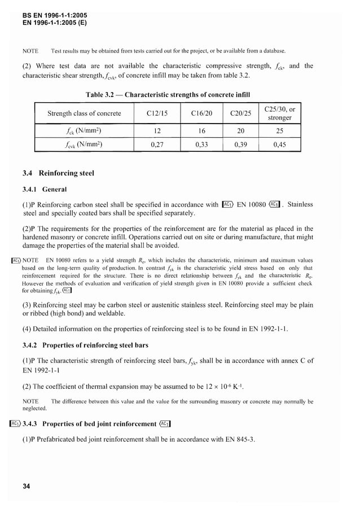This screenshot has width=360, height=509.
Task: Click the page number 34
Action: tap(26, 486)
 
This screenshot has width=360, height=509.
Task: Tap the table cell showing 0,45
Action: tap(279, 144)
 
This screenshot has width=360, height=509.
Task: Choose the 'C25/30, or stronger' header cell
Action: tap(279, 113)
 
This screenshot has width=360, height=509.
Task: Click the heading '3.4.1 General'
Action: tap(44, 189)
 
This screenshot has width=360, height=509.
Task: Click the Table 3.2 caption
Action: tap(168, 94)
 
